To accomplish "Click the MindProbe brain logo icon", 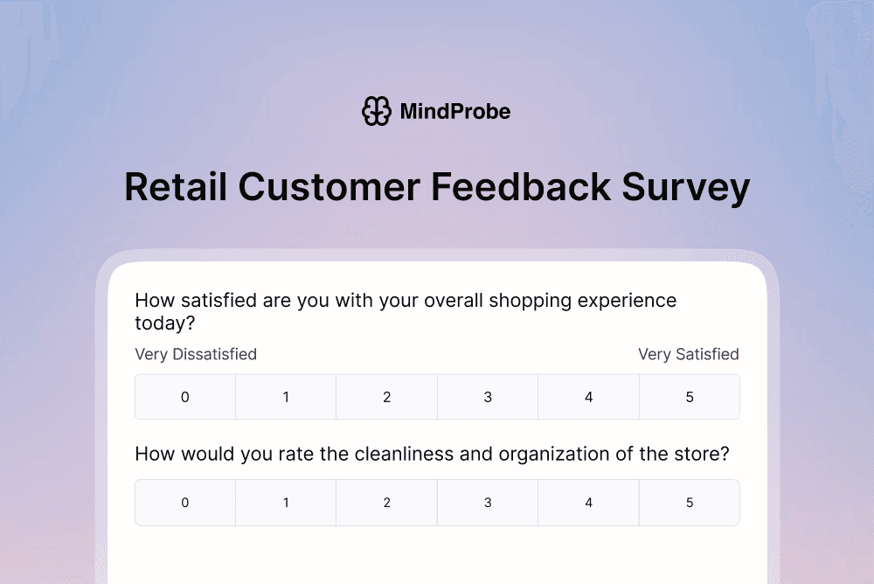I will coord(377,111).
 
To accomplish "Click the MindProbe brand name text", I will coord(454,112).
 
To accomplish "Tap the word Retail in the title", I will coord(174,187).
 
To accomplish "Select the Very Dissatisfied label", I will coord(196,354).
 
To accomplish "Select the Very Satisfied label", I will coord(688,354).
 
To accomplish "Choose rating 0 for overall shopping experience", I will coord(185,397).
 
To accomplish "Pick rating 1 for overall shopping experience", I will coord(286,397).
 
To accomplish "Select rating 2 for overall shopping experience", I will coord(387,397).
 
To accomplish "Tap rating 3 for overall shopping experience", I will coord(488,397).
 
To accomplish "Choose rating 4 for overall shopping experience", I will coord(589,397).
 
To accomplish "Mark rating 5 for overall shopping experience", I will coord(690,397).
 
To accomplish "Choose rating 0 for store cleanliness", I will coord(185,503).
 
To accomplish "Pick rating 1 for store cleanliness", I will coord(286,503).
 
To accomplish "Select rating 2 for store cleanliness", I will coord(387,503).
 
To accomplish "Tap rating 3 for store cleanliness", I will coord(488,503).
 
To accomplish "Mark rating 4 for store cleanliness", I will coord(589,503).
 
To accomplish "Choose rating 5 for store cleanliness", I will coord(690,503).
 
